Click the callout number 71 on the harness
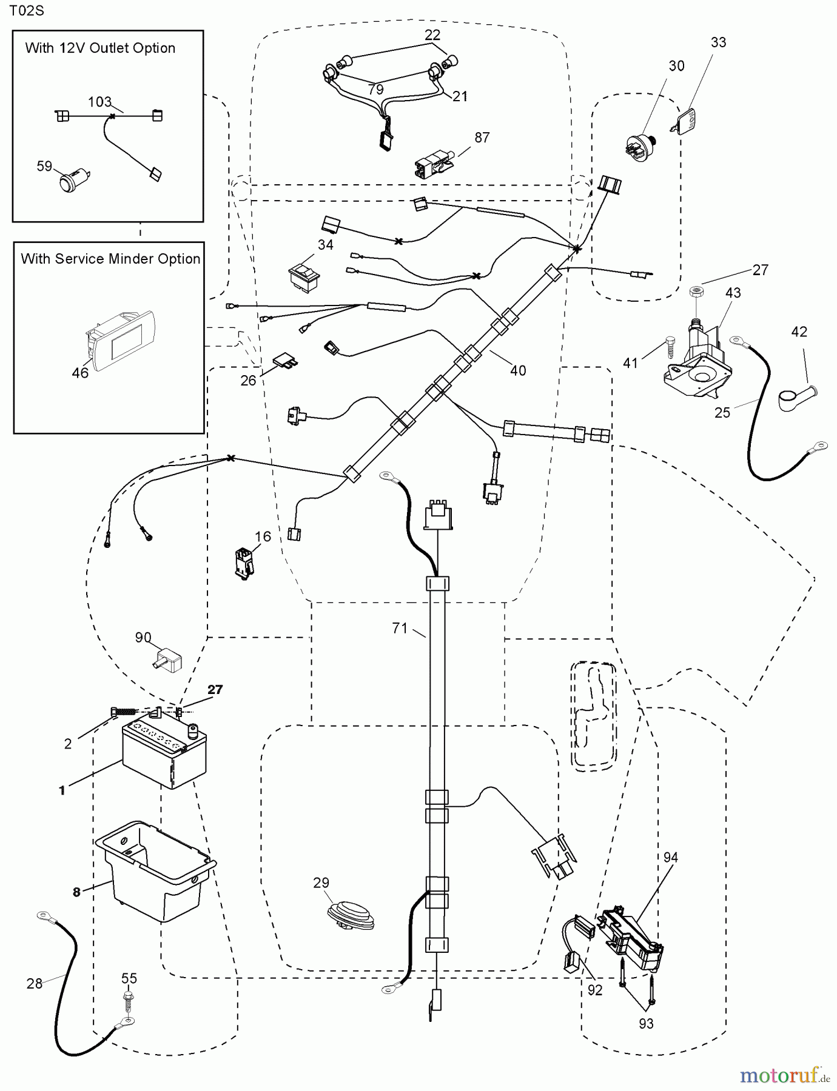pyautogui.click(x=400, y=629)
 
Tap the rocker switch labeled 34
pyautogui.click(x=304, y=277)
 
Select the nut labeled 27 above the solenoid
pyautogui.click(x=696, y=292)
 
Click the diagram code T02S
pyautogui.click(x=26, y=11)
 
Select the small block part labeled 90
pyautogui.click(x=168, y=661)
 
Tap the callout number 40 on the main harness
pyautogui.click(x=518, y=370)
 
